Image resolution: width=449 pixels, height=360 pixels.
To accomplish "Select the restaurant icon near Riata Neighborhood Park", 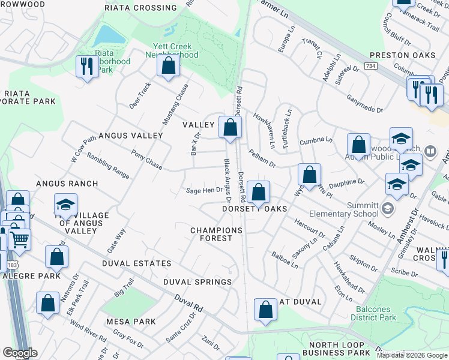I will tap(88, 66).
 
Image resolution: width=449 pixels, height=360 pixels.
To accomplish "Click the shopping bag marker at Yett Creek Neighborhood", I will tap(169, 65).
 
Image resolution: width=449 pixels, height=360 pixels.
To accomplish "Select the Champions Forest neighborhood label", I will tap(216, 234).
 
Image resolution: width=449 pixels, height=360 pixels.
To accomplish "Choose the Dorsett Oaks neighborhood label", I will tap(255, 209).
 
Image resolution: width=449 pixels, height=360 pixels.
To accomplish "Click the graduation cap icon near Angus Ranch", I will tap(65, 205).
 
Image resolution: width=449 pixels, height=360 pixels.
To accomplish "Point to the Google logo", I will tap(20, 353).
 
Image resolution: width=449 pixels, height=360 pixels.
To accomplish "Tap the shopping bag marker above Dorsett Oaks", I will tap(258, 193).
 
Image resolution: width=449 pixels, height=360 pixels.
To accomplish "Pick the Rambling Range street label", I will tap(108, 166).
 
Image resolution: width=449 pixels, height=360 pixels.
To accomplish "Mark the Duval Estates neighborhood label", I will tap(136, 263).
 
